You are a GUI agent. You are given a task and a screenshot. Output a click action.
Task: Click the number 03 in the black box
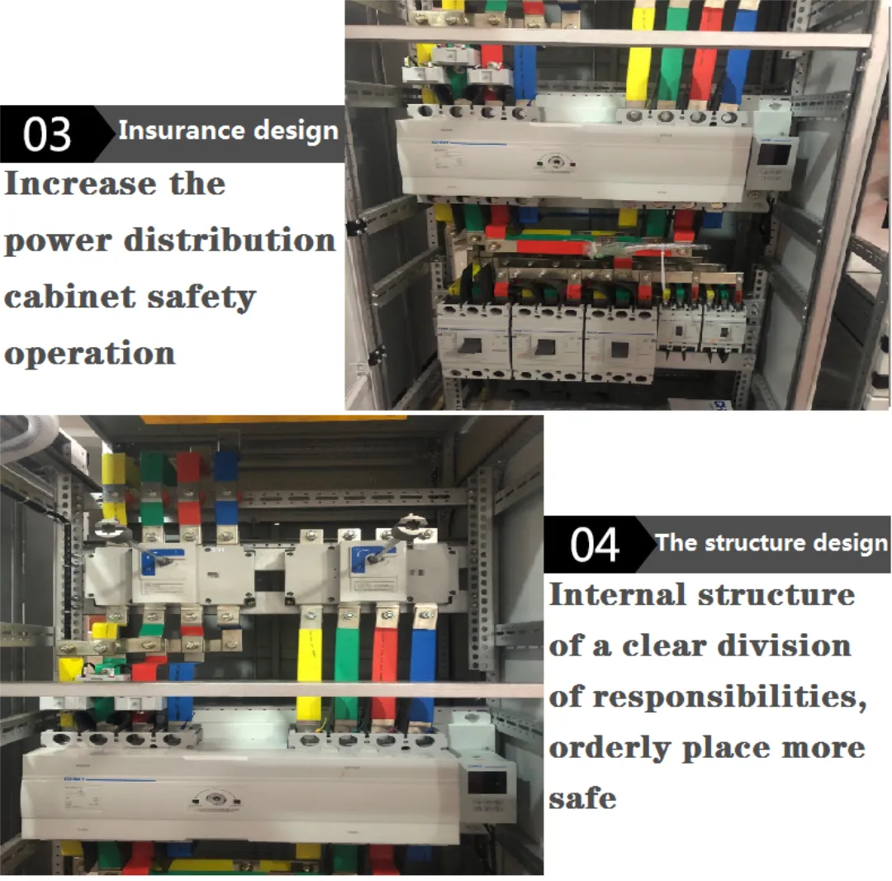click(x=47, y=135)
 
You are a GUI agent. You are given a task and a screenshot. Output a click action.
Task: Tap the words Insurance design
click(x=228, y=131)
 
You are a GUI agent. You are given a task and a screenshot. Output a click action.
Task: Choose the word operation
click(x=89, y=353)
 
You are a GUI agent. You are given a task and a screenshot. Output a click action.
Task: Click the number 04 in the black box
click(x=594, y=545)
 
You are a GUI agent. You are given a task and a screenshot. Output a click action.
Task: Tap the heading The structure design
click(x=771, y=543)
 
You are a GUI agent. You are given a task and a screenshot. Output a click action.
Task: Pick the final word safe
click(x=582, y=798)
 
